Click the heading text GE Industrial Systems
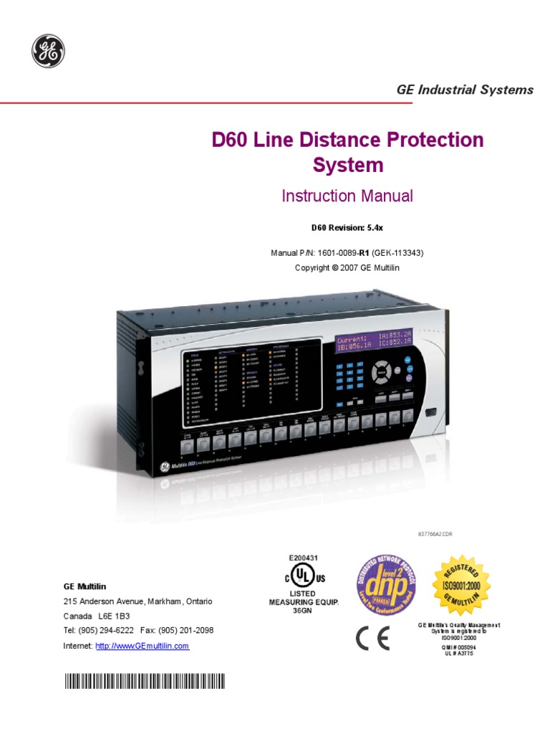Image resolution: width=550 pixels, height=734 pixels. click(x=465, y=90)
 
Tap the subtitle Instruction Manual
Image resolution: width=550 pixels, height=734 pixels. click(x=347, y=196)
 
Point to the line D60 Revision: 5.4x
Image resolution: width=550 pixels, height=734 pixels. click(x=347, y=228)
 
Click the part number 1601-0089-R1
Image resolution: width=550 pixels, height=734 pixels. click(x=347, y=253)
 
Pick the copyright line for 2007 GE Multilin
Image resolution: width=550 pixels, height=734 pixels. click(x=347, y=267)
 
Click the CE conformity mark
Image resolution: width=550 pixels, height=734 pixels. click(x=372, y=639)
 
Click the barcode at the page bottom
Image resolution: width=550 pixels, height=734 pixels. click(x=144, y=681)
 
